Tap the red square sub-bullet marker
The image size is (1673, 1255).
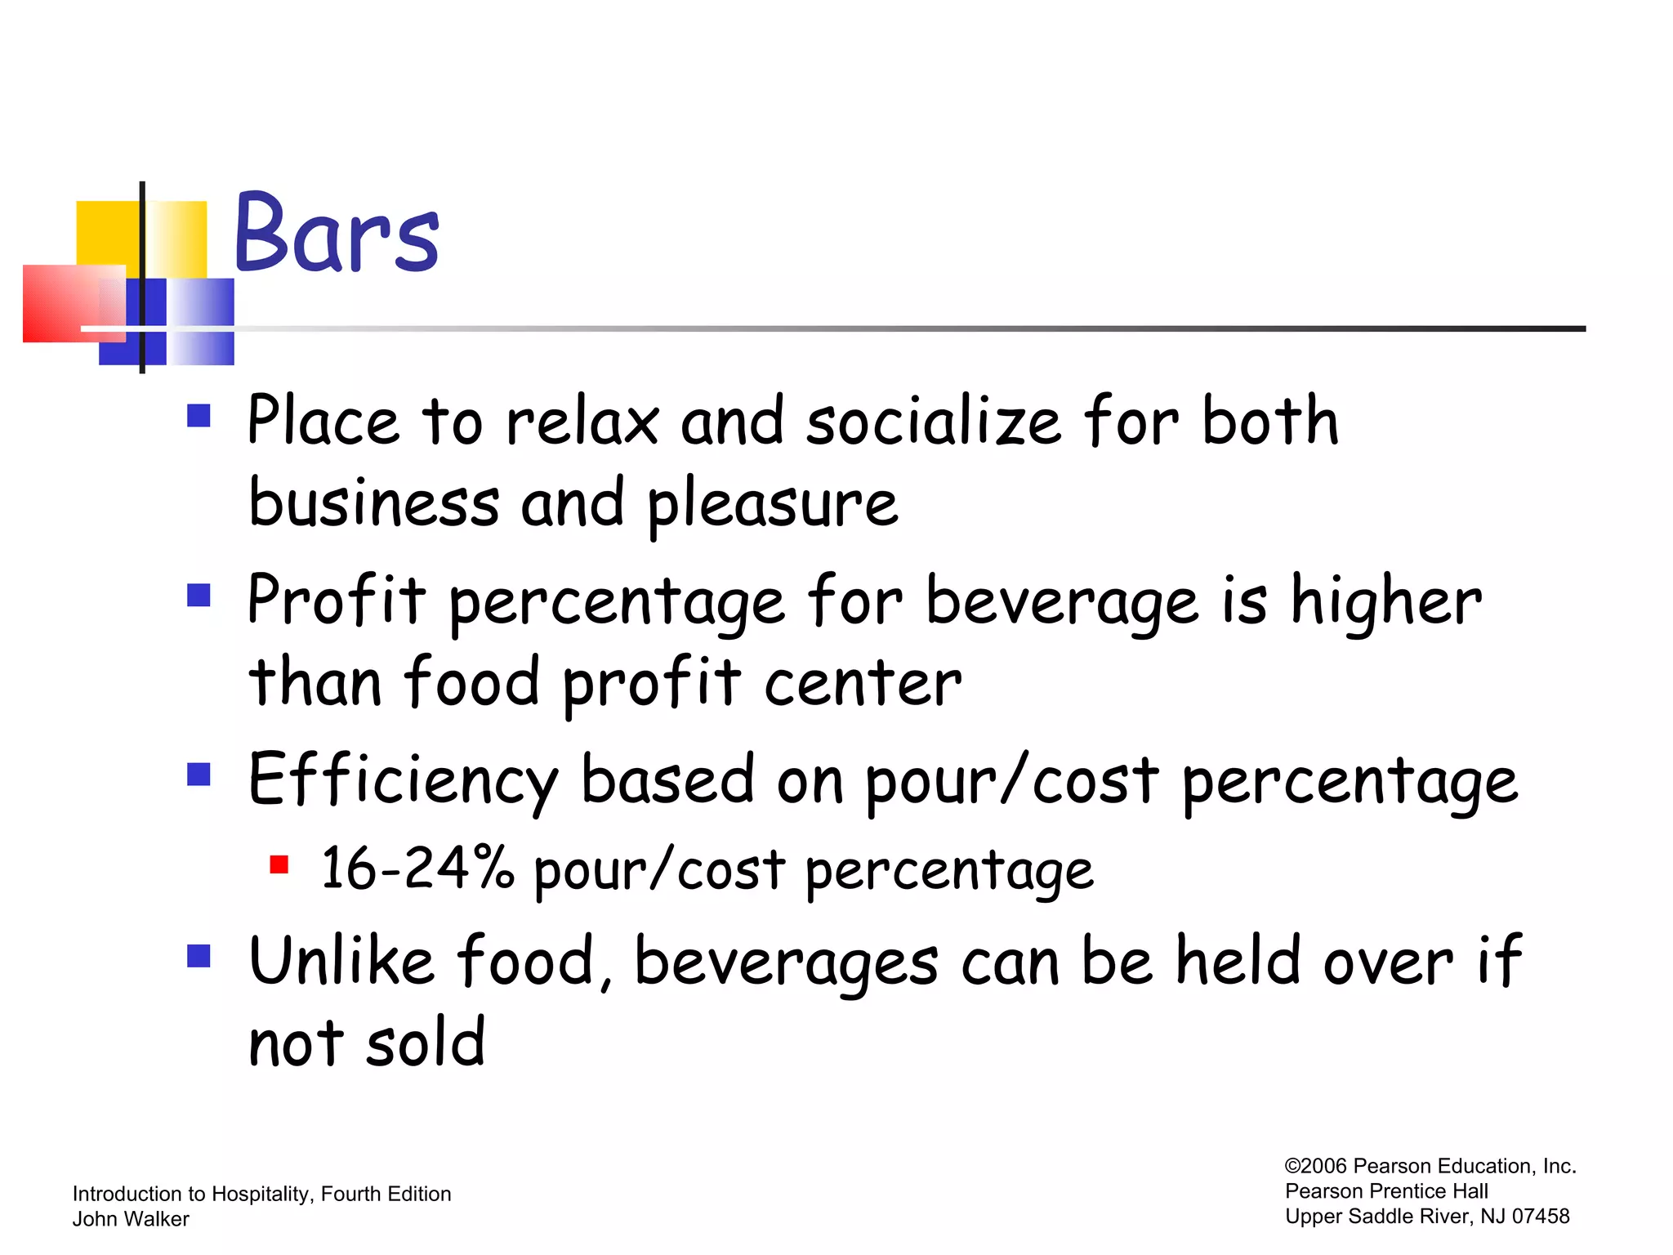[279, 864]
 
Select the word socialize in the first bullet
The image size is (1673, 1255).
[933, 422]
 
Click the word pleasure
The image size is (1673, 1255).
[772, 505]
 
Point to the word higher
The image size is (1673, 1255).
[1385, 602]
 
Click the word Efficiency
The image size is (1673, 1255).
[404, 782]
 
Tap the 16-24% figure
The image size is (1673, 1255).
[417, 869]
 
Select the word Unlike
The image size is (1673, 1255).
[341, 962]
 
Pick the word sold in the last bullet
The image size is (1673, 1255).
[426, 1043]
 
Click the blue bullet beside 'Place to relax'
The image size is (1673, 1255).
[199, 416]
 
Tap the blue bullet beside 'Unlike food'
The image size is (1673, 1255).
[199, 955]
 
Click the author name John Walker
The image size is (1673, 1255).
[131, 1219]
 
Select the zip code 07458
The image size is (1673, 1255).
[1540, 1217]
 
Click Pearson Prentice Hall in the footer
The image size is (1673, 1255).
[1386, 1191]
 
